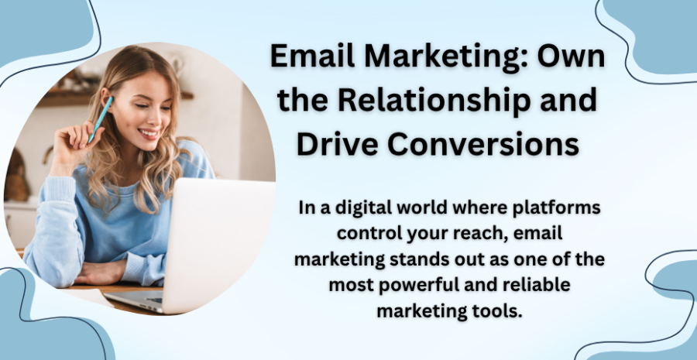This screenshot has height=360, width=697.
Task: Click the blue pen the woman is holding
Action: click(101, 119)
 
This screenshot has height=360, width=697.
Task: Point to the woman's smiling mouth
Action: click(149, 133)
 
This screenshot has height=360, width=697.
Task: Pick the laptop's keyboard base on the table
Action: click(135, 301)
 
